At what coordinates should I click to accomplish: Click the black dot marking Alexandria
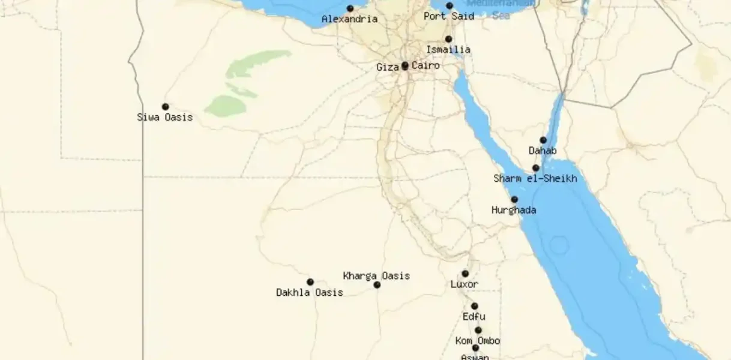(x=350, y=8)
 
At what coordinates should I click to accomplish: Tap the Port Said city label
(x=448, y=16)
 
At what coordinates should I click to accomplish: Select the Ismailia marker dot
(x=448, y=39)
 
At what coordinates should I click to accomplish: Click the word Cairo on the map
(x=426, y=65)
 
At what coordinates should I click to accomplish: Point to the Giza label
(x=387, y=67)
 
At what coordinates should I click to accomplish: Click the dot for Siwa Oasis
(x=166, y=107)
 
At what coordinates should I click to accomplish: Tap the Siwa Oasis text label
(x=165, y=118)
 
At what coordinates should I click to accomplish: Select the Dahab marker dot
(x=543, y=140)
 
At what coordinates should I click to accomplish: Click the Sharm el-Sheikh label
(x=535, y=179)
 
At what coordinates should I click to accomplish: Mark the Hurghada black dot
(x=514, y=200)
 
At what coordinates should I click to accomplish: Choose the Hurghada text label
(x=514, y=211)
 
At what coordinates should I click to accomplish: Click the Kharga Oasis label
(x=376, y=276)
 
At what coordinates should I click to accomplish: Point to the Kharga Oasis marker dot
(x=377, y=285)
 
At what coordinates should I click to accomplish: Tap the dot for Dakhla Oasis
(x=310, y=282)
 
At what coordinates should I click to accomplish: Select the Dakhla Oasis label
(x=310, y=293)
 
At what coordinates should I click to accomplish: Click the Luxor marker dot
(x=465, y=274)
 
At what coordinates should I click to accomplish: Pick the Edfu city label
(x=474, y=317)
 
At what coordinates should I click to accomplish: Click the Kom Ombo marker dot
(x=478, y=330)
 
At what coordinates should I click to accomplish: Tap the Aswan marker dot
(x=475, y=348)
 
